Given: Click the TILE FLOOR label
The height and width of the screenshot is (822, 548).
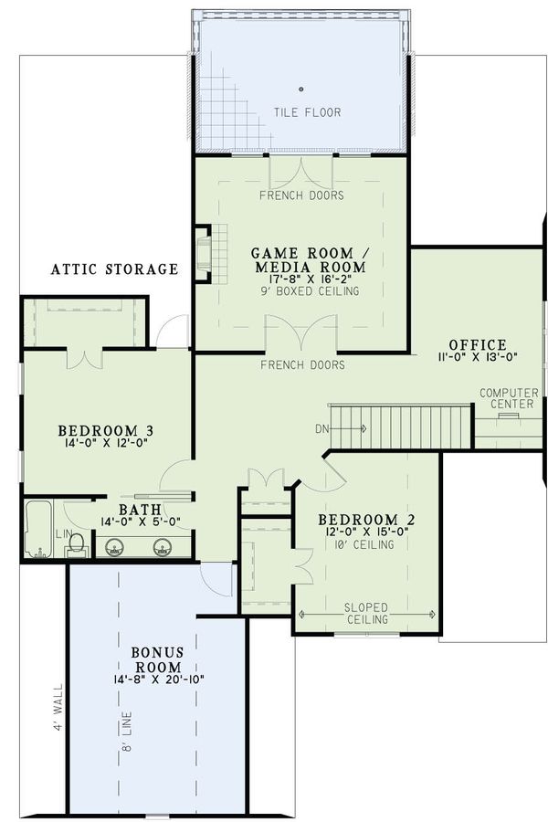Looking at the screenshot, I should point(294,112).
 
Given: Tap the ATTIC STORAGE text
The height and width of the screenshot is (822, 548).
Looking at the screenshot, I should point(114,269).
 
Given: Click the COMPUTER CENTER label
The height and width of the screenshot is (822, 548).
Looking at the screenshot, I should point(508,398).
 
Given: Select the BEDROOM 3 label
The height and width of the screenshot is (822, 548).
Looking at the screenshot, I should point(105,430).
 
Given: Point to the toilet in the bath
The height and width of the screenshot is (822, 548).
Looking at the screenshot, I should point(77,544).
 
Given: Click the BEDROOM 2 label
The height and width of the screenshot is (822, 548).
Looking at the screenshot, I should point(366,521).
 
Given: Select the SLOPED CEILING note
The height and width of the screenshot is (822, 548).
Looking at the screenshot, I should point(366,613).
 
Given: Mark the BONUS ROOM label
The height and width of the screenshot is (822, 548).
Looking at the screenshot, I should point(158,660).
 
